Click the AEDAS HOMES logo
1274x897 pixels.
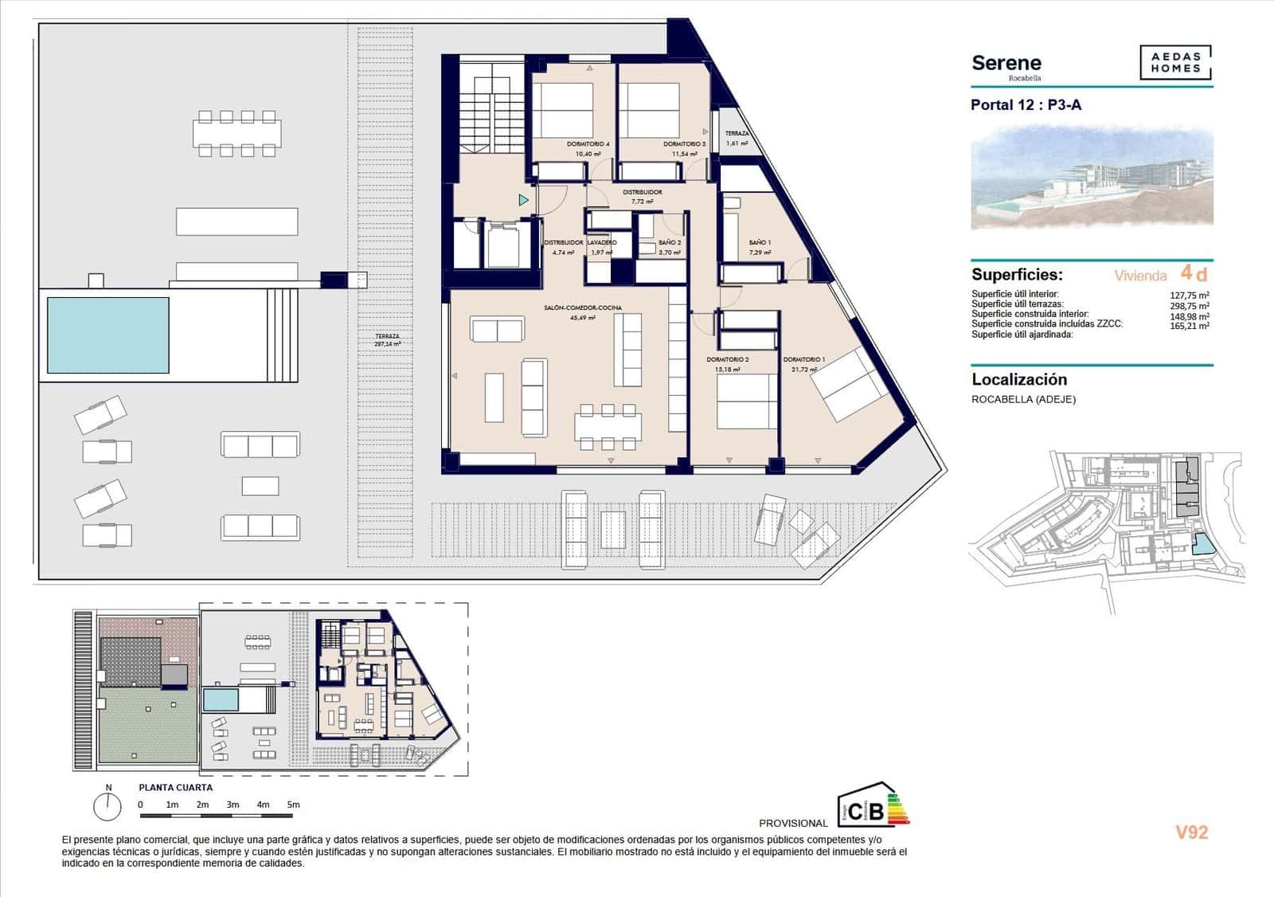tap(1175, 63)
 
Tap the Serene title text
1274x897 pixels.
tap(1006, 63)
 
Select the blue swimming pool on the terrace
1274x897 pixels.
tap(108, 335)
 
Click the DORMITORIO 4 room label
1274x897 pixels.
tap(588, 144)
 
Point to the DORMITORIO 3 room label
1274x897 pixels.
tap(684, 144)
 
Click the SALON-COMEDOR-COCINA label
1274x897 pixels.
tap(583, 307)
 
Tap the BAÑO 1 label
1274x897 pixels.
tap(760, 242)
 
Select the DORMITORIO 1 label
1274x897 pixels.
tap(803, 359)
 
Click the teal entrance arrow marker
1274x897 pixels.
tap(523, 200)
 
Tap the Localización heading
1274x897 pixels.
tap(1019, 380)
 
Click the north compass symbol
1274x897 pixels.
tap(107, 806)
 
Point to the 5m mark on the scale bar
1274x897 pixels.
tap(293, 805)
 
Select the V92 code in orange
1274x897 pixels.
tap(1192, 832)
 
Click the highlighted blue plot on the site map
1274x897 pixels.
tap(1202, 546)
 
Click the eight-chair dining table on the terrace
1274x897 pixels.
tap(236, 133)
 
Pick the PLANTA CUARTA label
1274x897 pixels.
tap(175, 787)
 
